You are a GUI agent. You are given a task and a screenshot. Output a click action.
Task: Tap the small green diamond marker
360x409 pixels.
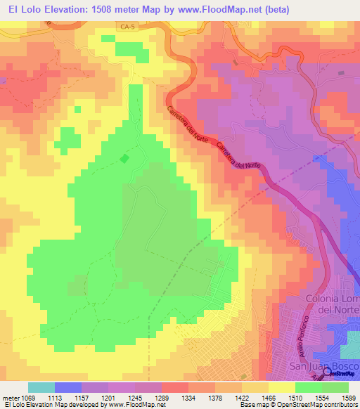(x=124, y=158)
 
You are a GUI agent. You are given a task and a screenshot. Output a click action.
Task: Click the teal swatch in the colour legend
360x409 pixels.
(x=41, y=387)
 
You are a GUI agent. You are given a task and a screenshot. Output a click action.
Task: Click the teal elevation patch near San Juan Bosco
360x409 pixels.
(x=349, y=350)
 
